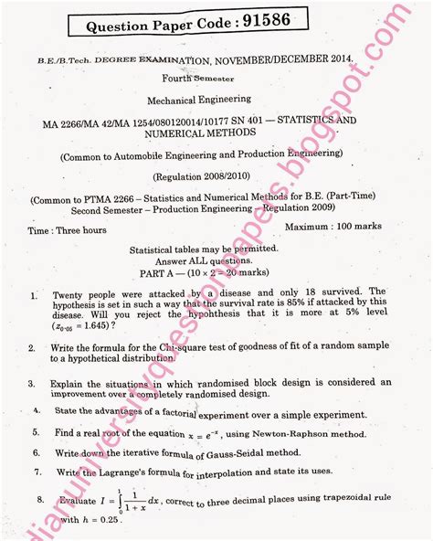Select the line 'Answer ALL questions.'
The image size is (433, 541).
[216, 260]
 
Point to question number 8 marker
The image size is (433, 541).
[41, 500]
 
